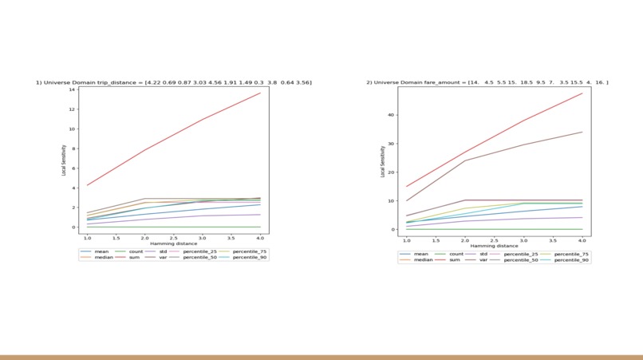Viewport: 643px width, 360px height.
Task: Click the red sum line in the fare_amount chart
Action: coord(495,136)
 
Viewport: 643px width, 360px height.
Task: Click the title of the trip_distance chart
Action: coord(173,82)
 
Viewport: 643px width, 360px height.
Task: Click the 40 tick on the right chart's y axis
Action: coord(393,115)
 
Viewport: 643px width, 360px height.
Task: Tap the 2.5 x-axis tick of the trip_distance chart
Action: coord(173,238)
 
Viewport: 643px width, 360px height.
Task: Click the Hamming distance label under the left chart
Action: coord(173,243)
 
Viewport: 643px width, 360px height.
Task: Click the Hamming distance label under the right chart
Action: coord(494,246)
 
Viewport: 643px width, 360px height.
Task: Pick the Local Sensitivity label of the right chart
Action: coord(383,162)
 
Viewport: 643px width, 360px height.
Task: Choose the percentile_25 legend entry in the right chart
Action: coord(519,254)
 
